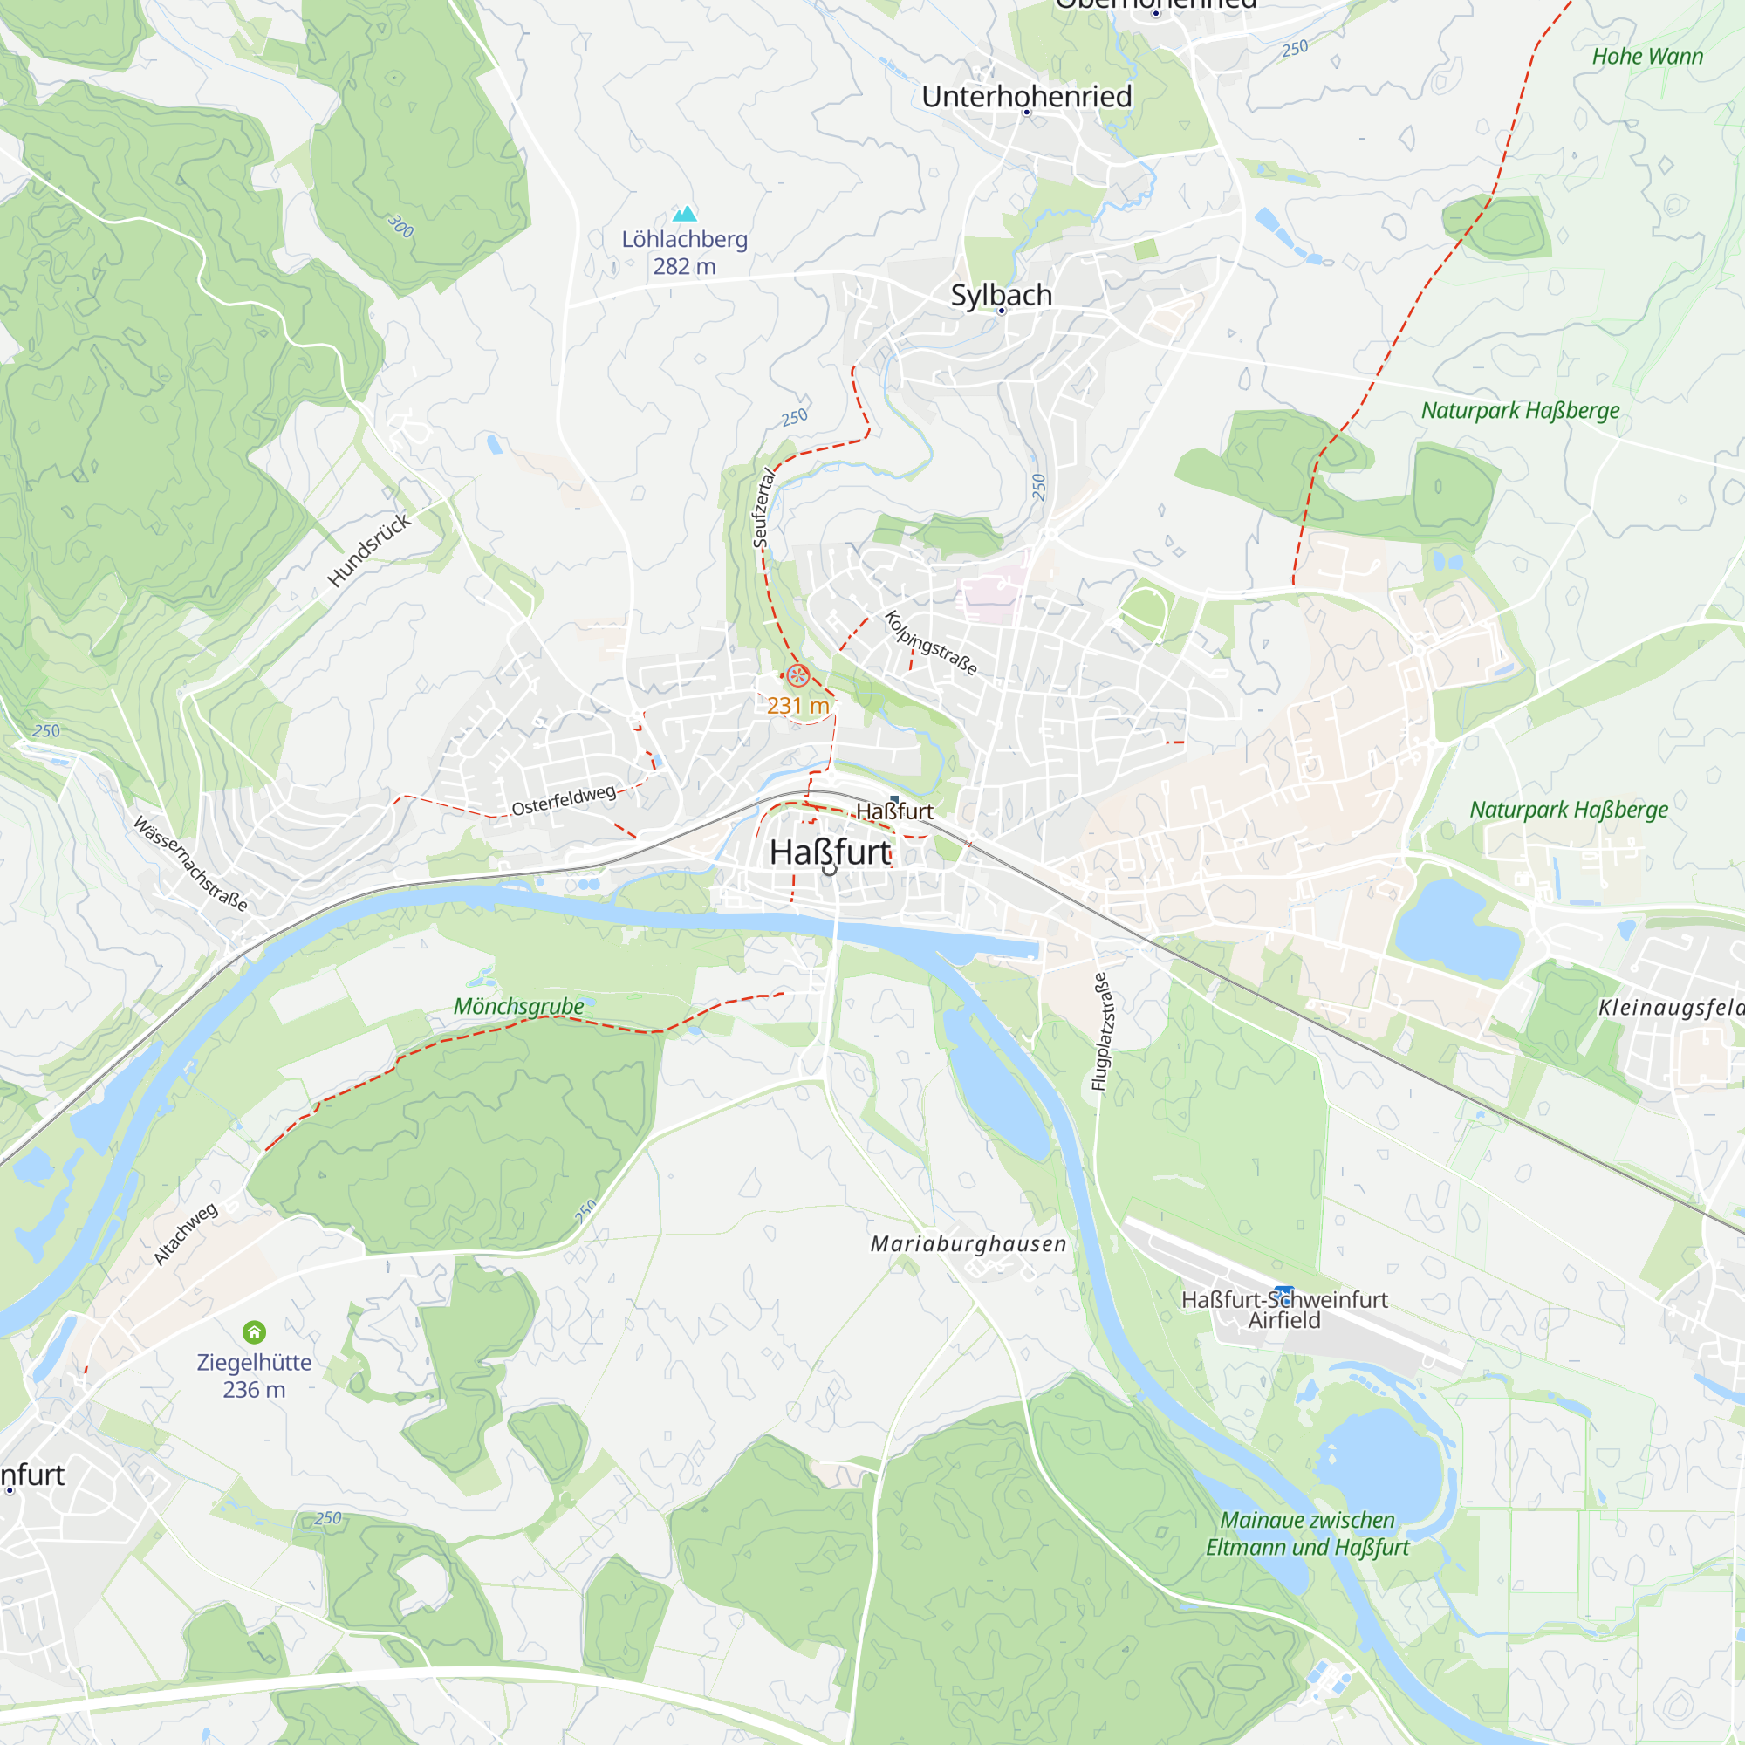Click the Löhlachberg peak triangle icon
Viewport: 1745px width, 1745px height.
pyautogui.click(x=685, y=214)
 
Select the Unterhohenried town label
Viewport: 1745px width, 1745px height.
pyautogui.click(x=1026, y=96)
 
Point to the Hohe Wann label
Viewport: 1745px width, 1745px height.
pyautogui.click(x=1646, y=56)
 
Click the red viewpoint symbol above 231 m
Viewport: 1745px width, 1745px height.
pyautogui.click(x=797, y=674)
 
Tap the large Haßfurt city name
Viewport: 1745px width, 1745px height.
pyautogui.click(x=830, y=852)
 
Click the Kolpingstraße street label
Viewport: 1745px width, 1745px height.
pyautogui.click(x=930, y=643)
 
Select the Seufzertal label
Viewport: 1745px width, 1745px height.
pyautogui.click(x=763, y=508)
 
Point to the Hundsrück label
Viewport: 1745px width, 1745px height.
pyautogui.click(x=368, y=549)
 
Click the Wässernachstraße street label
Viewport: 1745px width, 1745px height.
pyautogui.click(x=189, y=864)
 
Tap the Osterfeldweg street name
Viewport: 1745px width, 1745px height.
pyautogui.click(x=564, y=799)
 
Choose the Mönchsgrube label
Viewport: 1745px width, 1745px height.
pyautogui.click(x=518, y=1005)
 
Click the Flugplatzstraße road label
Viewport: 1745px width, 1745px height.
pyautogui.click(x=1101, y=1030)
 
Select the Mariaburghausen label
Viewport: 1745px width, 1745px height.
pyautogui.click(x=968, y=1243)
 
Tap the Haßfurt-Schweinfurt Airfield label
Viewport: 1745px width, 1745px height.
pyautogui.click(x=1283, y=1310)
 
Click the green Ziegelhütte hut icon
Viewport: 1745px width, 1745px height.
pyautogui.click(x=254, y=1332)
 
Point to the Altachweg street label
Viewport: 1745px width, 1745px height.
pyautogui.click(x=185, y=1233)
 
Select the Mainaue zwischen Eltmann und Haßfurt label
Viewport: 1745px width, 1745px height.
pyautogui.click(x=1307, y=1534)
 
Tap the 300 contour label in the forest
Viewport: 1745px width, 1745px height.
pyautogui.click(x=400, y=226)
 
